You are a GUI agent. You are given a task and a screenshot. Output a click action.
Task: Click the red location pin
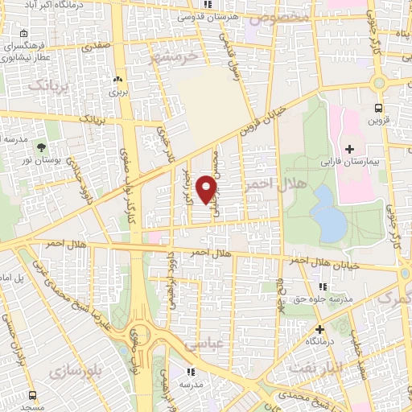point(207,189)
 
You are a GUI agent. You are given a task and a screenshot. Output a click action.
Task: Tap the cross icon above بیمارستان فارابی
point(349,149)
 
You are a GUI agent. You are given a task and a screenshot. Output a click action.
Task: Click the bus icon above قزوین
point(378,107)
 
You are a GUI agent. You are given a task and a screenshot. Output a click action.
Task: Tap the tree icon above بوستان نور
point(40,147)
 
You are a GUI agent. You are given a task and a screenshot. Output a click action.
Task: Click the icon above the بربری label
point(118,79)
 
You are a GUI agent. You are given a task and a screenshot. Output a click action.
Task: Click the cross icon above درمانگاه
point(319,329)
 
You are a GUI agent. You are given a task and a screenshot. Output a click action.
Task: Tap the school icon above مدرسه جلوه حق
point(322,286)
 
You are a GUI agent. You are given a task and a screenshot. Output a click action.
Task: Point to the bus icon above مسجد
point(33,395)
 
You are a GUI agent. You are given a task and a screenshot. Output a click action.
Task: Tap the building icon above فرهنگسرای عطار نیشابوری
point(24,34)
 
